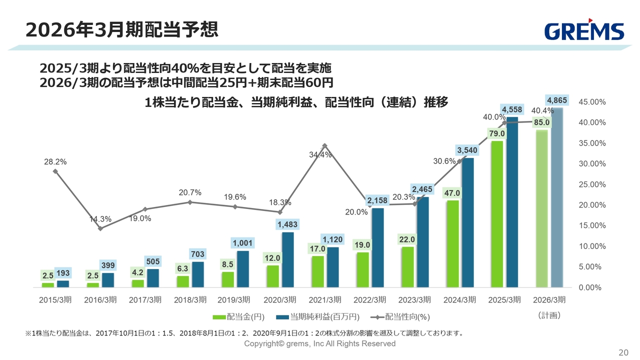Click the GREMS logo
pos(584,31)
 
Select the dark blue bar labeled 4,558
pos(512,200)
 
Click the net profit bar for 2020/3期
pos(287,259)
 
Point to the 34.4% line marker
pos(324,145)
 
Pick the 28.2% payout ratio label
pos(55,162)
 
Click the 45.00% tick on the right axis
pos(592,102)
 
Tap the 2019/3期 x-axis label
pos(234,300)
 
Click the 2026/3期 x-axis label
pos(549,300)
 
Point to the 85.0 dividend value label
pos(542,122)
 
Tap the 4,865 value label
pos(556,100)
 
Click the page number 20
pos(623,352)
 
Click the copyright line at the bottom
pos(319,343)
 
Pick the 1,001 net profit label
pos(242,243)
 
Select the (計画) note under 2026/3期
pos(549,315)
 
